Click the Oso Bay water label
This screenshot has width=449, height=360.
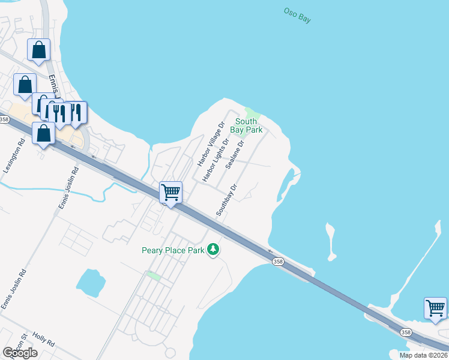297,15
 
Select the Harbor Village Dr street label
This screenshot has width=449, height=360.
210,144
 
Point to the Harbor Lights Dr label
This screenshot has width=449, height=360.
216,160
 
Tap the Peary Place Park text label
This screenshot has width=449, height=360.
173,250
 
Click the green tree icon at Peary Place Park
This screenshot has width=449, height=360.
212,249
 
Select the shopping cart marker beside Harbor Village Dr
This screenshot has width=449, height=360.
171,193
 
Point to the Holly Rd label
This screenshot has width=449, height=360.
44,340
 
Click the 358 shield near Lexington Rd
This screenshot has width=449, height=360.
5,120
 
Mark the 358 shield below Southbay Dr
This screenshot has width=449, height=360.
277,261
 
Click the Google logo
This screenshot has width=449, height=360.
20,353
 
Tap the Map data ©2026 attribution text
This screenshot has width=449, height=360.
424,355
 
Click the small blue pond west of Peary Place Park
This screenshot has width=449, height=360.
91,280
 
